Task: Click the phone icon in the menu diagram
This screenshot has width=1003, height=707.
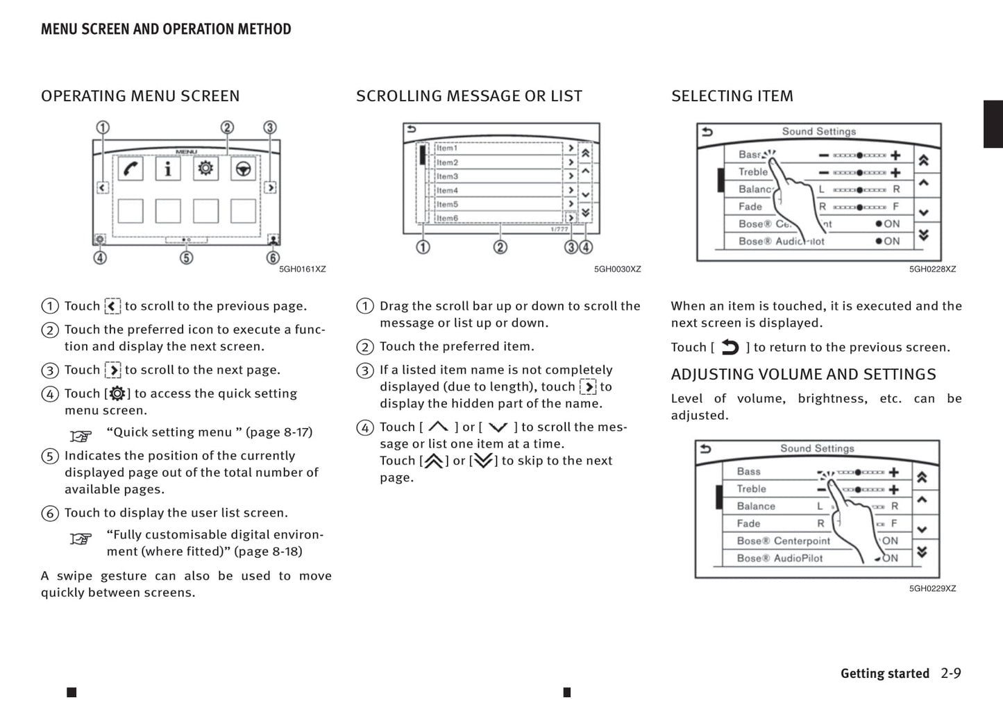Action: click(130, 169)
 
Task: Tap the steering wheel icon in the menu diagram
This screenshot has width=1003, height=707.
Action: click(243, 169)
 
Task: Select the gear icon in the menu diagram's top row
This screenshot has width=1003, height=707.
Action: click(205, 169)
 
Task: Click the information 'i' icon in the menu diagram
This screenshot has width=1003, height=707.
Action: click(168, 169)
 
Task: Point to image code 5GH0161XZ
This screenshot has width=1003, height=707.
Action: click(302, 269)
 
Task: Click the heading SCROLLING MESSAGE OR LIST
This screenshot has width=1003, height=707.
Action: click(469, 96)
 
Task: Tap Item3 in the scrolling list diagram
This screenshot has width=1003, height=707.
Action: click(448, 176)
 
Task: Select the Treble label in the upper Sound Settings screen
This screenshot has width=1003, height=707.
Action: click(752, 172)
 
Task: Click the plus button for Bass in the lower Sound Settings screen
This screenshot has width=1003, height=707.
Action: click(894, 472)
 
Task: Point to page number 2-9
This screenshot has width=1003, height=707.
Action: click(951, 673)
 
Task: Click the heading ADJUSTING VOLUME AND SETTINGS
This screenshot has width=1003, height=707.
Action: click(803, 375)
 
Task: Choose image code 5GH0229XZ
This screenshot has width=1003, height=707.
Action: click(932, 588)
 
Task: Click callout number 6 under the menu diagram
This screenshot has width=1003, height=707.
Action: click(273, 258)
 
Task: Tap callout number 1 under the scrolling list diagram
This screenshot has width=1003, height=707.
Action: click(423, 247)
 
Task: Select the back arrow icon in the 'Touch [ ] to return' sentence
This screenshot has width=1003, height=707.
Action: click(730, 347)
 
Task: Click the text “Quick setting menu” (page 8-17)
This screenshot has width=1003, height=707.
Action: click(209, 432)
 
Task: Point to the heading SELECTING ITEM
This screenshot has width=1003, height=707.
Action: click(732, 96)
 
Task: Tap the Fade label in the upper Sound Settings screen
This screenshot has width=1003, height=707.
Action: click(750, 207)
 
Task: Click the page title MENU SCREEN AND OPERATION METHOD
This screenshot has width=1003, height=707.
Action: click(166, 29)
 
